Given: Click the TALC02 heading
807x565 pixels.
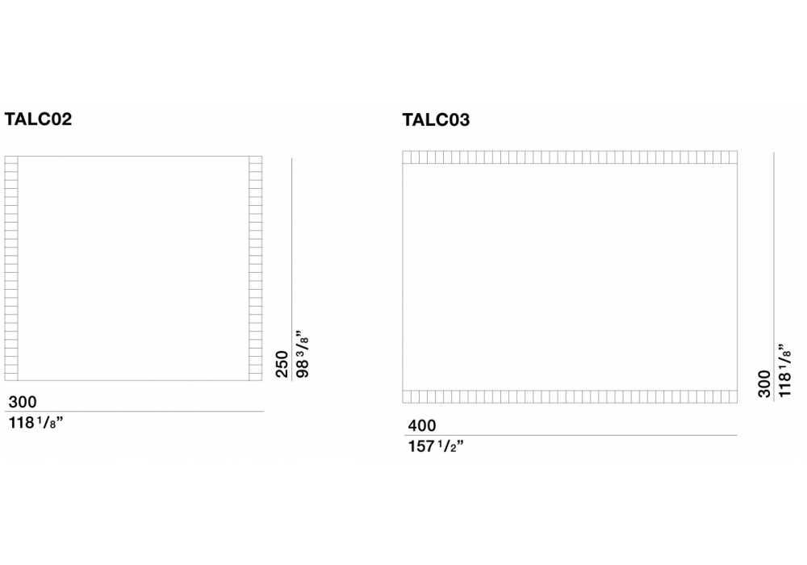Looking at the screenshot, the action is coord(38,119).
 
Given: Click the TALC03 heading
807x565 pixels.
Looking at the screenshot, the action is coord(436,120).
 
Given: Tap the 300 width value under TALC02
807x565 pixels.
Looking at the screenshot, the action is coord(23,402).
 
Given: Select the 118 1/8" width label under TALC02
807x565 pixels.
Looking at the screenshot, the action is coord(36,423).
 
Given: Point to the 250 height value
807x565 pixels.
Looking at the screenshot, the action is coord(282,364).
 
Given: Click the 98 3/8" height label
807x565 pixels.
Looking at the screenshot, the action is coord(303,357).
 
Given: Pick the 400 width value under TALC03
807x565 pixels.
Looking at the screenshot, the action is coord(422,425).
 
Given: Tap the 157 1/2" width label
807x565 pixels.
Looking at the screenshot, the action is coord(436,446).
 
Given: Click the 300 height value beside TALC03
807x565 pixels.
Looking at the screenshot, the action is coord(764,383).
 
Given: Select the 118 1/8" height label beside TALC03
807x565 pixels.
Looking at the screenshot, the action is coord(784,370).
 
